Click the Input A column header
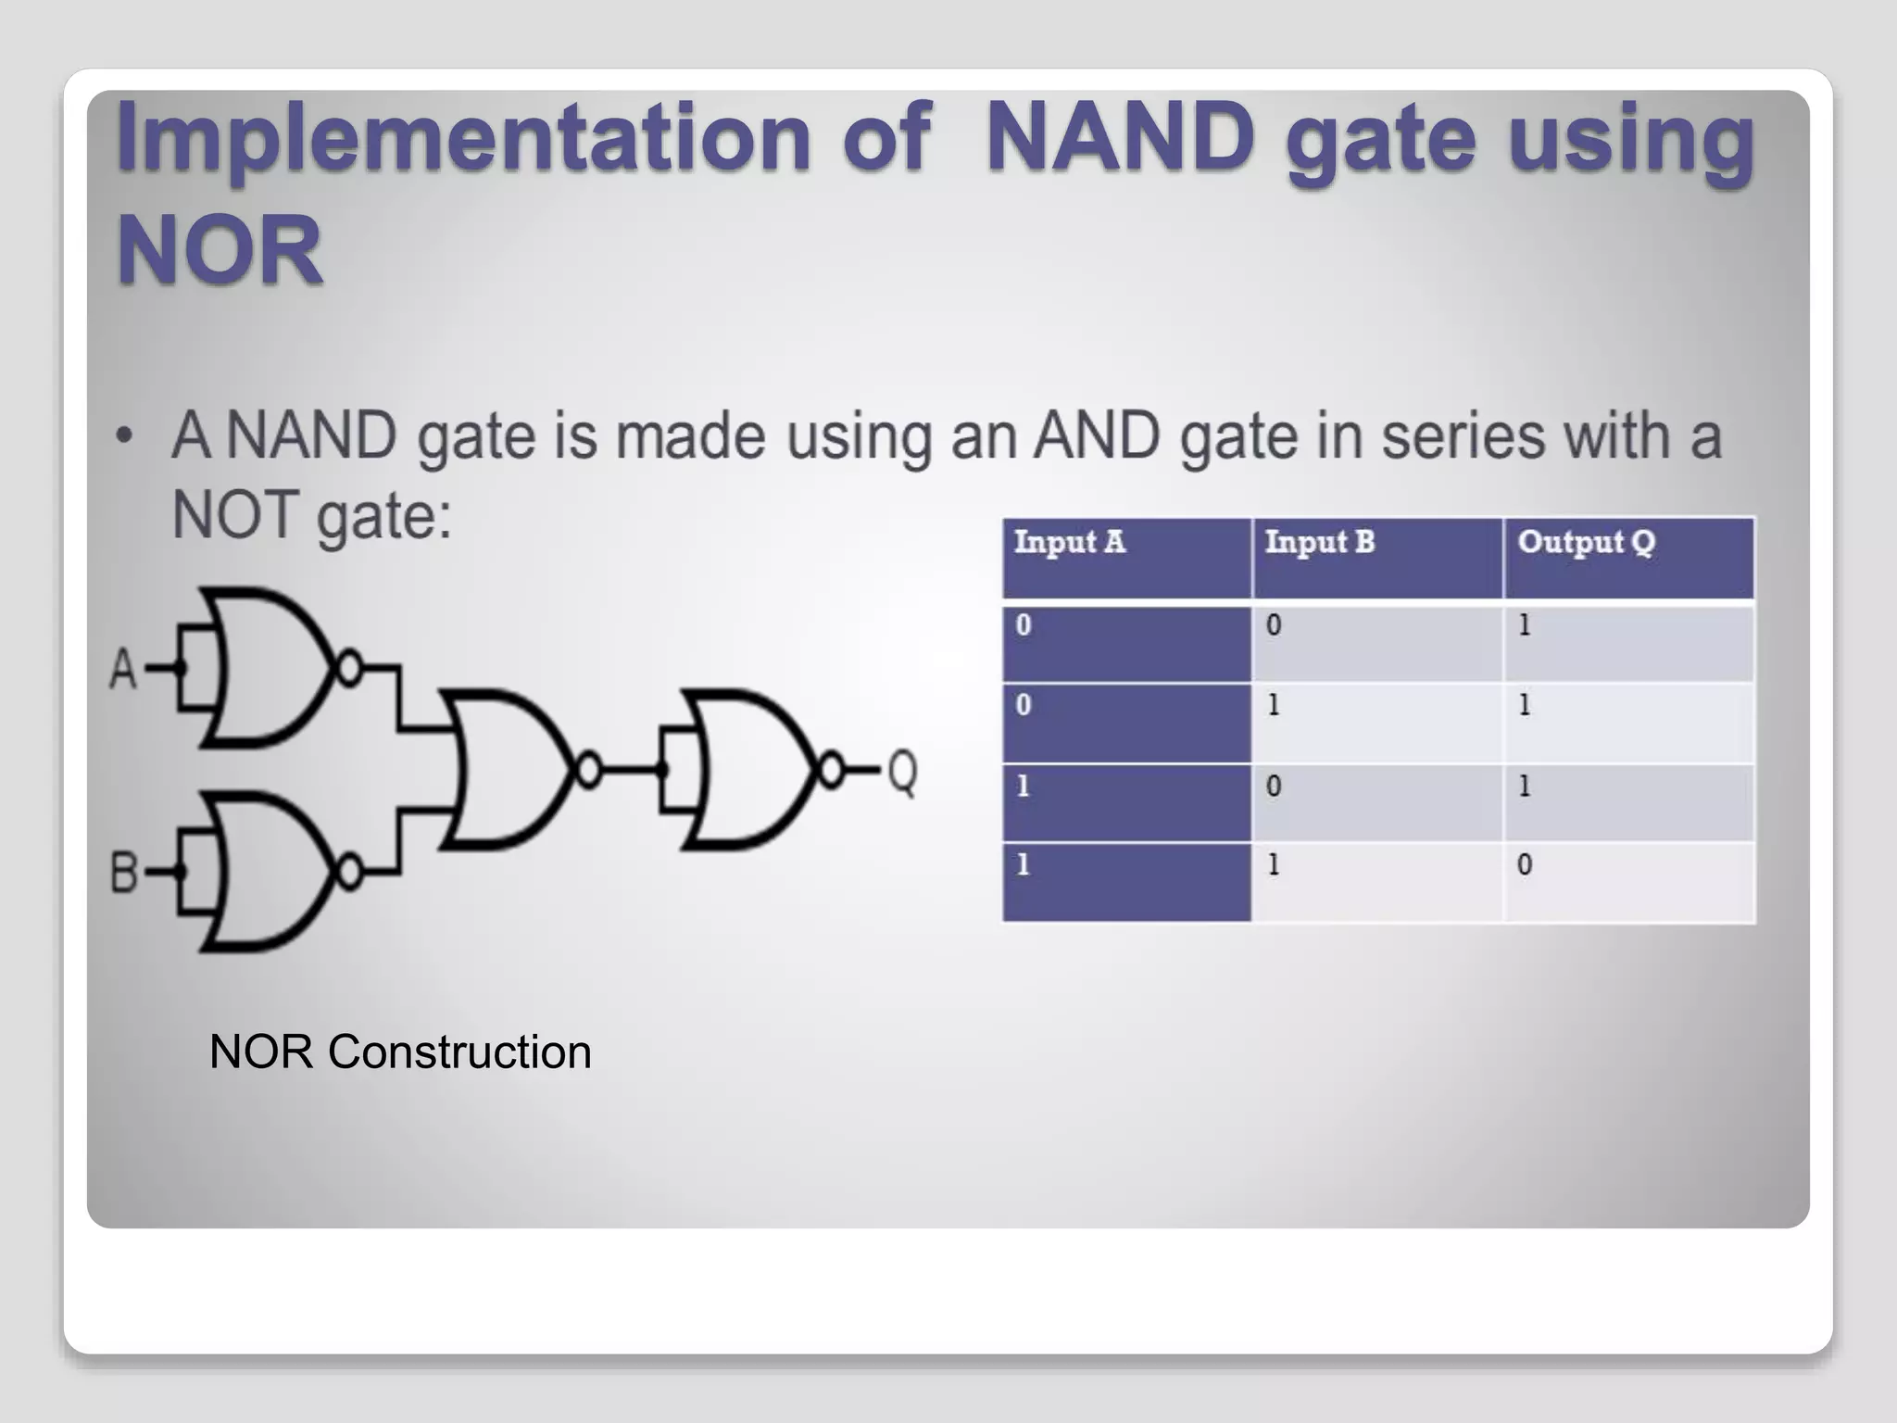pos(1069,542)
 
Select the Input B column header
pos(1319,542)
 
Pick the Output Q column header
pos(1586,542)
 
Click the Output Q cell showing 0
pos(1525,865)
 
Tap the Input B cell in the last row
pos(1274,865)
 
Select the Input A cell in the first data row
pos(1024,625)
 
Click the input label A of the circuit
pos(123,669)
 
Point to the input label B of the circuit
pos(124,873)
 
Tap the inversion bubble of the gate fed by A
pos(349,667)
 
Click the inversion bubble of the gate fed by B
pos(349,872)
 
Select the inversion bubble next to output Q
pos(831,770)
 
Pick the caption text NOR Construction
pos(400,1052)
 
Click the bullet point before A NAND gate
pos(124,436)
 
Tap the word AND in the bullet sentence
pos(1096,435)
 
